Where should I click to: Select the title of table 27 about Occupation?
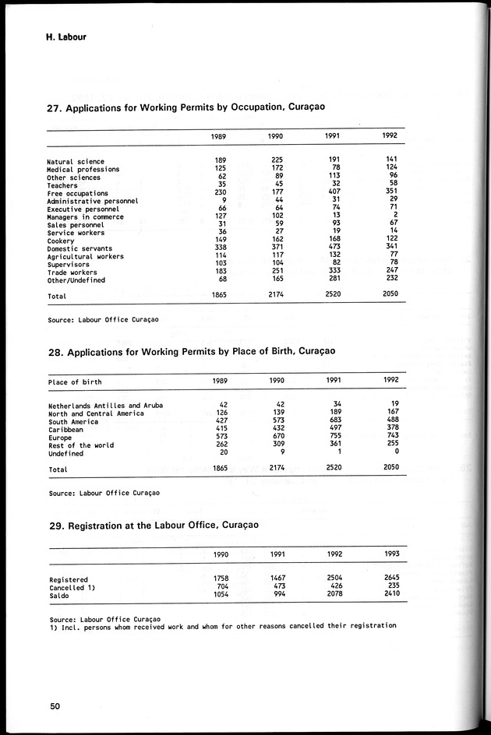(186, 109)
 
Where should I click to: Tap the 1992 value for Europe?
(391, 437)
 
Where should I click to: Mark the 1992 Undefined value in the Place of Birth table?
(397, 452)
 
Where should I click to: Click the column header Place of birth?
(75, 382)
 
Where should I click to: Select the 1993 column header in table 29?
(391, 554)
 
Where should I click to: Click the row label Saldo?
(59, 594)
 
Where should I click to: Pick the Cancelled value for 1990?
(221, 586)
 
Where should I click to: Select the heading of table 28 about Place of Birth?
(192, 352)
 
